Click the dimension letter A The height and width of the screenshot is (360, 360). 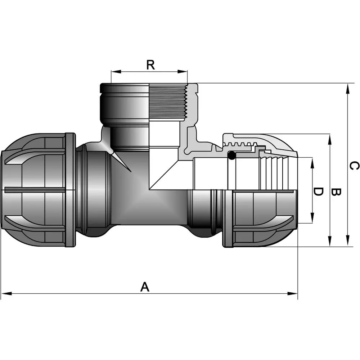click(x=144, y=287)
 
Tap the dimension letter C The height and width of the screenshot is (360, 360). click(x=354, y=166)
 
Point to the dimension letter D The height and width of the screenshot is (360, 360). click(x=318, y=192)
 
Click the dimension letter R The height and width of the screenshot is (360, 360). click(x=150, y=65)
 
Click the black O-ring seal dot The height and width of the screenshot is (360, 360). click(x=232, y=156)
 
